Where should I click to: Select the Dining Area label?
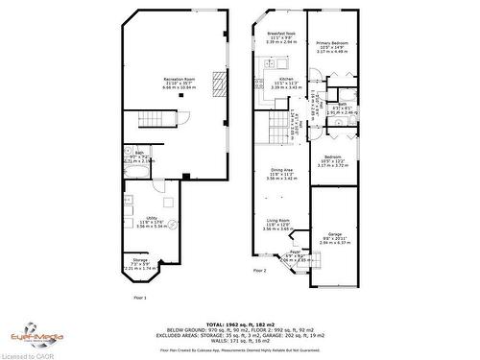pos(281,173)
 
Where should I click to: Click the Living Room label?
pos(281,227)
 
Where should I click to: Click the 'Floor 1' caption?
pos(140,298)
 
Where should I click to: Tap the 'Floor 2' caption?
pos(260,271)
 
